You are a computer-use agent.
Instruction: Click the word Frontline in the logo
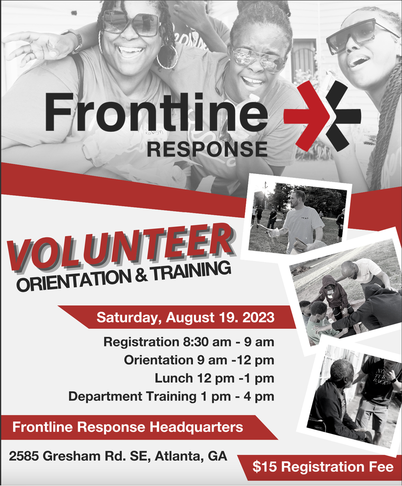tap(156, 111)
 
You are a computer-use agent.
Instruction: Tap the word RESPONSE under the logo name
tap(207, 148)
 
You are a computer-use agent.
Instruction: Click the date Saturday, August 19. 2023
tap(185, 318)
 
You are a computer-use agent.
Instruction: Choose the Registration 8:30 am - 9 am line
tap(189, 342)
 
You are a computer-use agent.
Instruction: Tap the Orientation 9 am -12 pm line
tap(198, 360)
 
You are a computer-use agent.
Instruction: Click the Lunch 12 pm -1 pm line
tap(214, 378)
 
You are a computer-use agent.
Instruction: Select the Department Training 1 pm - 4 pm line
tap(171, 396)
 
